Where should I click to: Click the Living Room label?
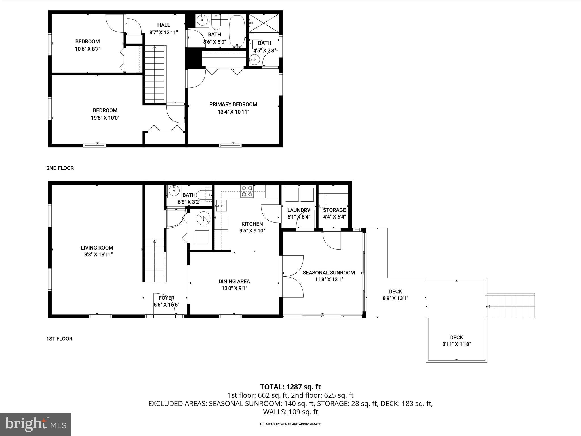tap(97, 248)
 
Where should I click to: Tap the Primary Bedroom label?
tap(233, 104)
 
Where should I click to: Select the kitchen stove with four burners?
tap(247, 191)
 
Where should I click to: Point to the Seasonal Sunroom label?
tap(329, 273)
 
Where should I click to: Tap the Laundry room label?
tap(298, 210)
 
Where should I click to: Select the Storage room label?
tap(334, 210)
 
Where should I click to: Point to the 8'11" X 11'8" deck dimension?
tap(456, 344)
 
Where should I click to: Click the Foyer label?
tap(167, 298)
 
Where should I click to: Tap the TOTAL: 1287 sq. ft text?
tap(290, 387)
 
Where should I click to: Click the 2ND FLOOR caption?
tap(60, 168)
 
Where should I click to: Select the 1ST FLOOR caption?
tap(59, 339)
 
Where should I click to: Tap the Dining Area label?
tap(234, 282)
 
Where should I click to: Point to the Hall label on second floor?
tap(164, 25)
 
